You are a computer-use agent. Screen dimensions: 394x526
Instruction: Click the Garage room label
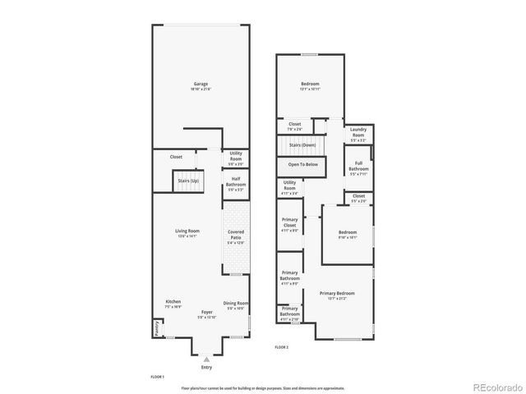[200, 84]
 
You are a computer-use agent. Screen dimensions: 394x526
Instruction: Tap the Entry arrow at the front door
[206, 359]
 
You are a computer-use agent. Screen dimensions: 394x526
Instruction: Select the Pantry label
[156, 328]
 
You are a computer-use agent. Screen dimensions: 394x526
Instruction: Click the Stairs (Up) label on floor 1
[187, 179]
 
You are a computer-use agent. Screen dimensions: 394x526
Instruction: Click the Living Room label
[187, 231]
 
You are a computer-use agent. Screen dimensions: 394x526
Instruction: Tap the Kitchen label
[173, 301]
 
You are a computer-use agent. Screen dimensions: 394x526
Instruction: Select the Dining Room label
[236, 303]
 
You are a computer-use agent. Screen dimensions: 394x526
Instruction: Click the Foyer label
[206, 313]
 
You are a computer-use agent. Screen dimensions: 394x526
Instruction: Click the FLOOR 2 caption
[281, 347]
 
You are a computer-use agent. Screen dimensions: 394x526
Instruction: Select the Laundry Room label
[358, 131]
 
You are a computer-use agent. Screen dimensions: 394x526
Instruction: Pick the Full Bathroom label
[358, 166]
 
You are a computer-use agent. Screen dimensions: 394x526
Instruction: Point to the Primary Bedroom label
[337, 293]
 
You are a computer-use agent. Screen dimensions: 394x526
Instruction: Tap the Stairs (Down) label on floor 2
[302, 144]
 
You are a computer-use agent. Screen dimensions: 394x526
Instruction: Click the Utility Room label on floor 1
[236, 155]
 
